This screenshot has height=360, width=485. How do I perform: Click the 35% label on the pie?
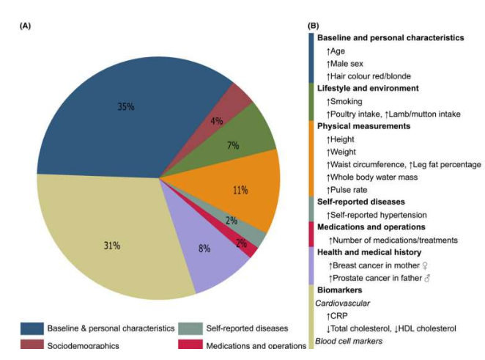125,106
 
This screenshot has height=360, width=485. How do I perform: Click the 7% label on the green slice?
233,145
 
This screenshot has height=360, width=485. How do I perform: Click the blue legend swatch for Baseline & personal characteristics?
30,327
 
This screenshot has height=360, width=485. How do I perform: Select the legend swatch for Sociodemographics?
30,345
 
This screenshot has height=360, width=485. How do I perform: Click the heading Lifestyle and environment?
367,88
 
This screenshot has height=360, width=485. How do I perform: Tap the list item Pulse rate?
353,188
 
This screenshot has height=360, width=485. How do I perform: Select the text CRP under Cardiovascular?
340,316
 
